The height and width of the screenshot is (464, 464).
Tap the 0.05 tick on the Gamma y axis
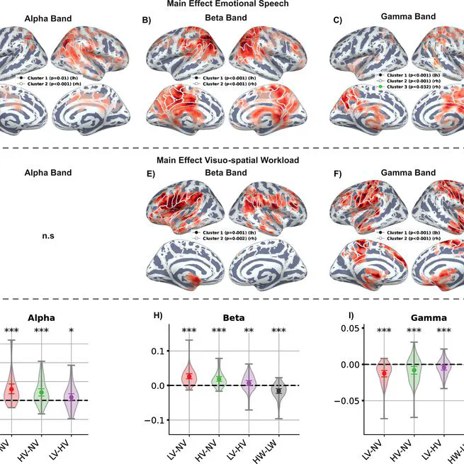pyautogui.click(x=345, y=328)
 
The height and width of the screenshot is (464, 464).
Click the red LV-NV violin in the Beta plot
pyautogui.click(x=189, y=376)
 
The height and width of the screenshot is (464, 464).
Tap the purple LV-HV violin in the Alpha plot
pyautogui.click(x=72, y=397)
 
